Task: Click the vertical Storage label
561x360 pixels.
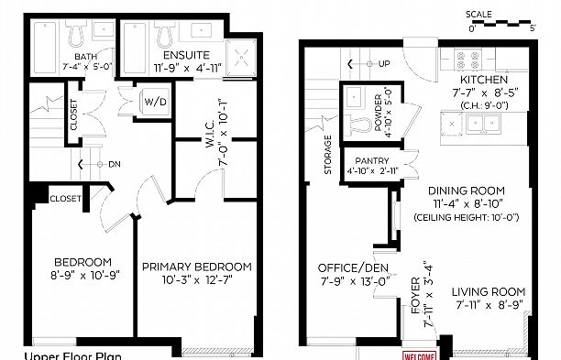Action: pyautogui.click(x=328, y=156)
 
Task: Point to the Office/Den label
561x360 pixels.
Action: pyautogui.click(x=347, y=267)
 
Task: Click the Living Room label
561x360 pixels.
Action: pyautogui.click(x=487, y=292)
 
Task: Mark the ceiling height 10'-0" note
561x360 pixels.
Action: pyautogui.click(x=467, y=218)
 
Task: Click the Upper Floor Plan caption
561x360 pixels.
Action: pyautogui.click(x=72, y=355)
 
